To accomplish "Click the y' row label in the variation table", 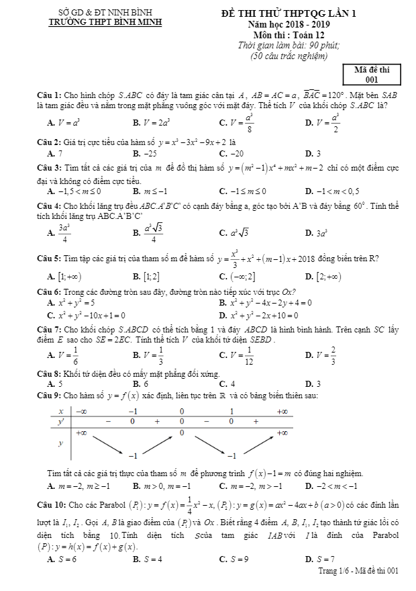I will coord(61,421).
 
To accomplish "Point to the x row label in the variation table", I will coord(61,410).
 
